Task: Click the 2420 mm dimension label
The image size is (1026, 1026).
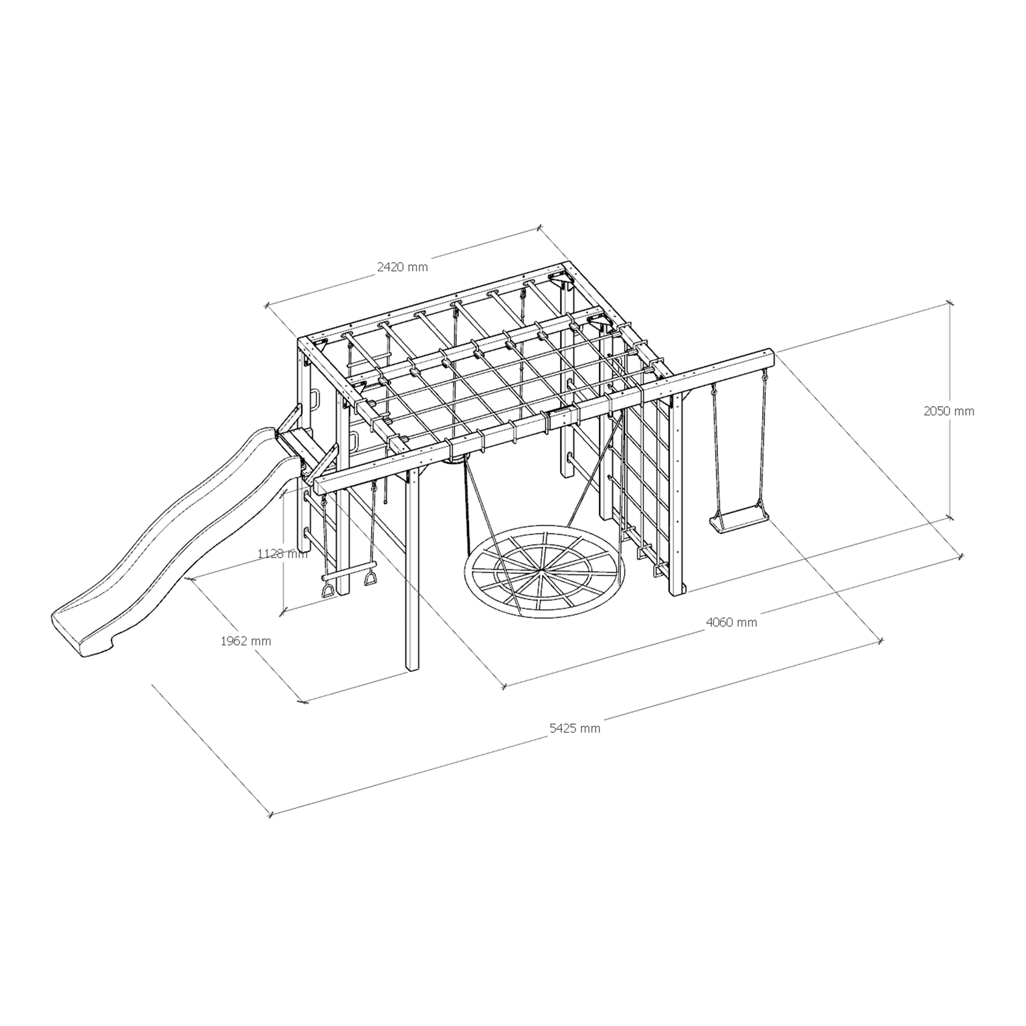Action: click(402, 267)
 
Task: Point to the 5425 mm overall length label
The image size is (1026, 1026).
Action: click(575, 728)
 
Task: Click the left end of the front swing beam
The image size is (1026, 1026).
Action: click(320, 484)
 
